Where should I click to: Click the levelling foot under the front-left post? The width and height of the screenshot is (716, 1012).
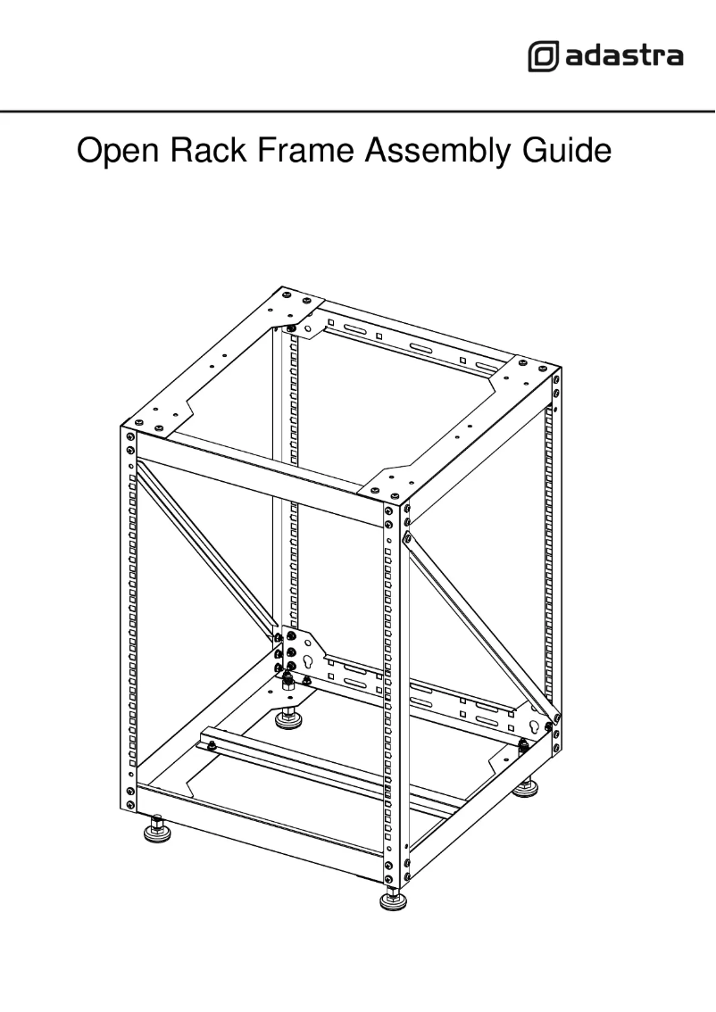[158, 831]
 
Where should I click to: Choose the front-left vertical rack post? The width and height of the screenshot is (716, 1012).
[130, 625]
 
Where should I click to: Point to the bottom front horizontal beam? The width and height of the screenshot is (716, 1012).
[259, 834]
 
